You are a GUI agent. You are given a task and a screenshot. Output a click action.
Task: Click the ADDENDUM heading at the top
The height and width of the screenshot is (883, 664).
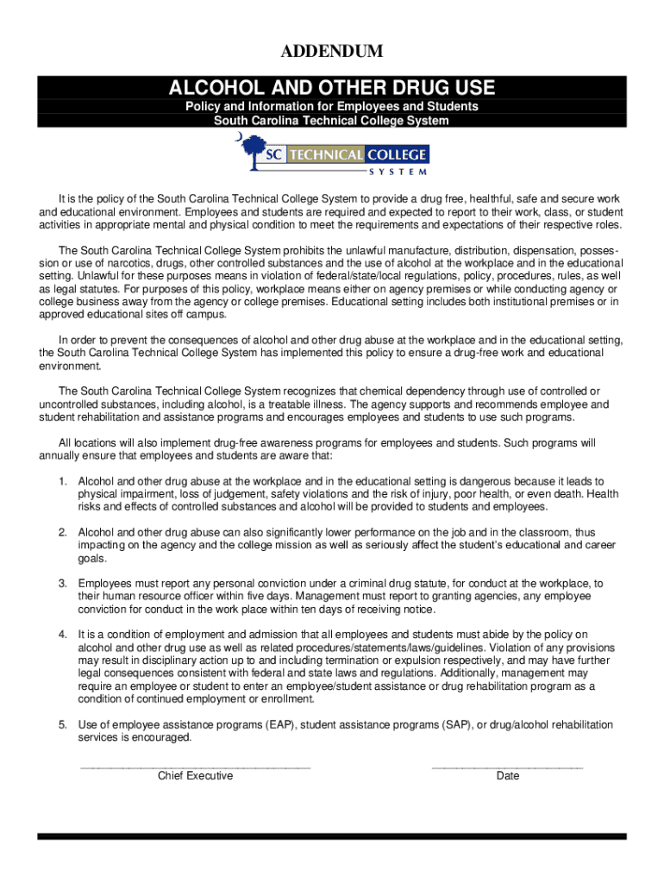[332, 53]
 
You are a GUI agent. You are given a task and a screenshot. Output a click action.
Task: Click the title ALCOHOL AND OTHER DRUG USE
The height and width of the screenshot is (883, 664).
[332, 87]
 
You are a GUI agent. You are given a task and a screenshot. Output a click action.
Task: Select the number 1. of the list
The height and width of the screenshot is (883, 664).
[63, 481]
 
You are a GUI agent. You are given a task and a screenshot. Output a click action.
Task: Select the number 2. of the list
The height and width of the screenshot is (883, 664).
[63, 533]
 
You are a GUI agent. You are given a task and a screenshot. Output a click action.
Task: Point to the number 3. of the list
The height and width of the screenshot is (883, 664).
[63, 584]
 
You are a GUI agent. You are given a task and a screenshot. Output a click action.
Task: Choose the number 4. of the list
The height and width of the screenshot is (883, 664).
[63, 636]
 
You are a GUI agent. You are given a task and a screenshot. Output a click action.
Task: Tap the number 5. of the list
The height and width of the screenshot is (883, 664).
[63, 725]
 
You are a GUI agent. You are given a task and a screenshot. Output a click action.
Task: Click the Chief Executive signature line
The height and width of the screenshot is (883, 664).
[195, 766]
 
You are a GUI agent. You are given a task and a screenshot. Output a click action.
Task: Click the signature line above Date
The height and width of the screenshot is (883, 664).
[507, 766]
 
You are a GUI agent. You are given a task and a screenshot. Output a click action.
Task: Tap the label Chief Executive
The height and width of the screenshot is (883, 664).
[195, 776]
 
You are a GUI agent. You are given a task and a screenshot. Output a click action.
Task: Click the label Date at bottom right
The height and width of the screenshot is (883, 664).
[508, 776]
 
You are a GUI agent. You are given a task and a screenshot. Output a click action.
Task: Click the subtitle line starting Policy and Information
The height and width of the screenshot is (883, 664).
[332, 107]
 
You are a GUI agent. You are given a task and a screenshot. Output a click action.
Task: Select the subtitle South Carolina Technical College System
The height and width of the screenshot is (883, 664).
[332, 121]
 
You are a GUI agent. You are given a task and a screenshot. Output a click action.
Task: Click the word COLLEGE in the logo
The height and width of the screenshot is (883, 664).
[398, 155]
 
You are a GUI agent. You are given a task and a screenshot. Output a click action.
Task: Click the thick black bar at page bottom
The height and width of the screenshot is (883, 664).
[332, 836]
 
